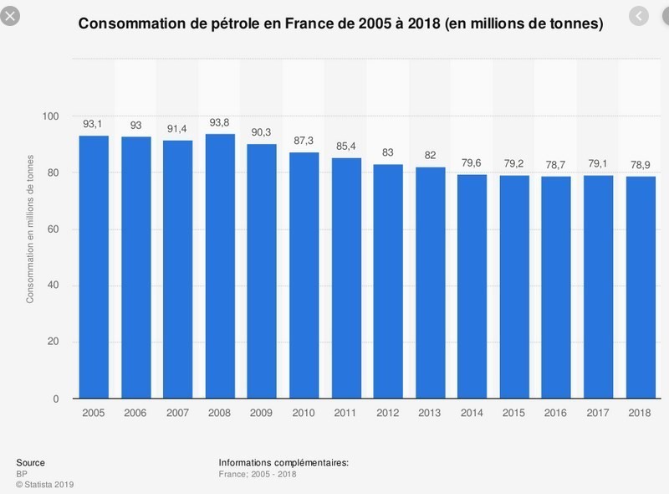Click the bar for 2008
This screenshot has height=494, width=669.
220,266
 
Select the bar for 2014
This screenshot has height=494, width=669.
472,286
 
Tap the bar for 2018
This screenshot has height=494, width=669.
641,287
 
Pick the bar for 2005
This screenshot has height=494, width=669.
94,267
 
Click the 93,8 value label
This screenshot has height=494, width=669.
219,122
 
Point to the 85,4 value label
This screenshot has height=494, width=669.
345,147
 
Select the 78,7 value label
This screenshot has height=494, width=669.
555,164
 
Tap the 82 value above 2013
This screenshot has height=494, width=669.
430,155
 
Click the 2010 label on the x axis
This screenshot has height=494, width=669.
304,413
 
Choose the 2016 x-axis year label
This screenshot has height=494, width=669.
555,413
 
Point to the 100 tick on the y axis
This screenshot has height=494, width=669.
50,116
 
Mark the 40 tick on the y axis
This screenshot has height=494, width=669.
53,285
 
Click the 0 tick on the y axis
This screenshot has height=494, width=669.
56,399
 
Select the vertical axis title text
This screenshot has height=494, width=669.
30,229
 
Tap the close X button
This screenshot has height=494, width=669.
10,16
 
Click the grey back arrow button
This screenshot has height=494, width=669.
639,16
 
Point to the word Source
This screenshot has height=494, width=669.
30,462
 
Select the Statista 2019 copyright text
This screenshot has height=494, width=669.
45,485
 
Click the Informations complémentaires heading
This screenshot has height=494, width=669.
283,463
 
